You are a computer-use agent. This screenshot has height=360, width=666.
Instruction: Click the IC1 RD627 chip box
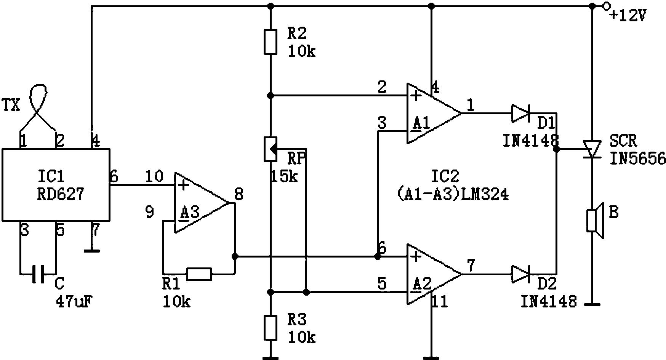pos(56,185)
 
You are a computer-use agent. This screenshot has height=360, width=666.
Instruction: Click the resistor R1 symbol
pos(199,274)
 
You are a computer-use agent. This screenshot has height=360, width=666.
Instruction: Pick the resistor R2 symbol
pos(270,42)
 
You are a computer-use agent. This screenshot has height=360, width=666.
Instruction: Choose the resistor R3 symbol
pos(270,328)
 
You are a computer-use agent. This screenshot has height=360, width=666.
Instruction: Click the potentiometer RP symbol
pos(271,149)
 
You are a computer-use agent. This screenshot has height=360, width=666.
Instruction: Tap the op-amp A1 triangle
pos(434,113)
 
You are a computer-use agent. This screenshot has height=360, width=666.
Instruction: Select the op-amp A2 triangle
pos(434,274)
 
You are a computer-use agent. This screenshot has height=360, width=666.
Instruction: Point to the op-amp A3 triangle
pos(203,203)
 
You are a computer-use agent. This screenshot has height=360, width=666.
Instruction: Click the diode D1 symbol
pos(520,113)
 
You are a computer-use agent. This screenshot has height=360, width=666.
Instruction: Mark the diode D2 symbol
pos(520,274)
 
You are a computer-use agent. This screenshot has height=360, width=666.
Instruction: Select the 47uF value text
pos(75,302)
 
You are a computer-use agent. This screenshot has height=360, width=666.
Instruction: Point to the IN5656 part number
pos(638,158)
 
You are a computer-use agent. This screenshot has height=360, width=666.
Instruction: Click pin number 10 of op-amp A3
pos(154,176)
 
